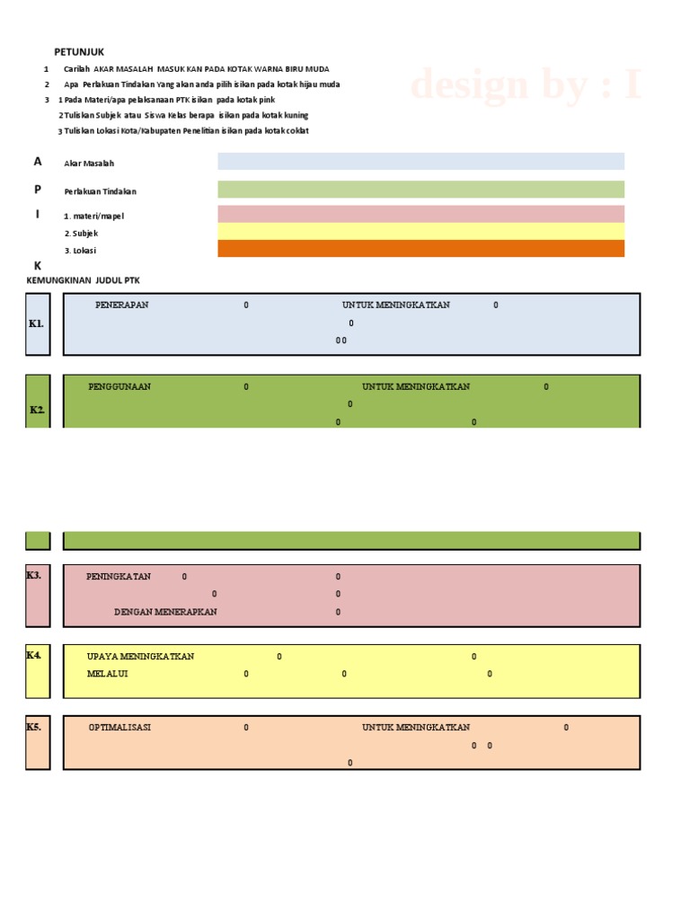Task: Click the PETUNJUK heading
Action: pos(79,52)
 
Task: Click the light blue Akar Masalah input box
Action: pos(420,162)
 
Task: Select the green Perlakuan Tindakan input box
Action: pos(420,190)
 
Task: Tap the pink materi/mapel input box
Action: pos(420,214)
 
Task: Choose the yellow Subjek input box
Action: pos(420,232)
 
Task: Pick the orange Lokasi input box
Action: pos(420,249)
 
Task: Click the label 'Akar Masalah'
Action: pos(89,164)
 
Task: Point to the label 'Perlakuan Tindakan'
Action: pos(100,191)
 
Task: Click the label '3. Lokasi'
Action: pos(81,251)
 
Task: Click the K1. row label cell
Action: pos(38,323)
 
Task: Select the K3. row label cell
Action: pos(38,595)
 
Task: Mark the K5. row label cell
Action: pos(38,742)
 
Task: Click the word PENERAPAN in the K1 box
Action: pos(122,305)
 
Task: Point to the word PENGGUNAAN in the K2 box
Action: pos(119,386)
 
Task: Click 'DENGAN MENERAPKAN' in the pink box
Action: pos(165,612)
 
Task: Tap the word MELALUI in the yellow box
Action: pos(107,674)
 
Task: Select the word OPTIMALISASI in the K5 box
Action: pos(119,727)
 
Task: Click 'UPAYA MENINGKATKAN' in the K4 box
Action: pos(140,656)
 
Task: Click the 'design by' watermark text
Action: pos(526,86)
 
